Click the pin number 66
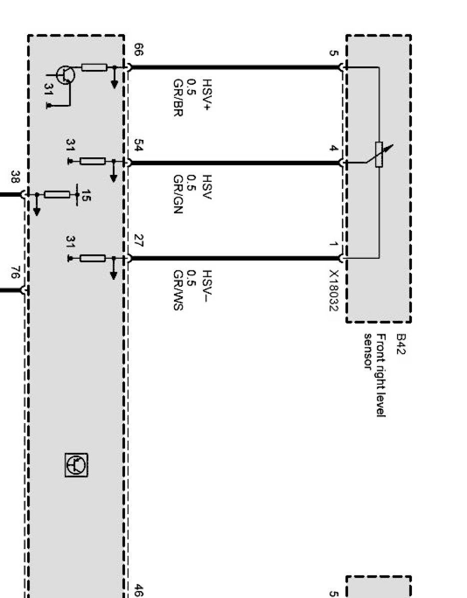coord(138,50)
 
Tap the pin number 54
coord(138,146)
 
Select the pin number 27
coord(138,242)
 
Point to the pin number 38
coord(15,177)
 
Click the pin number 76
coord(15,273)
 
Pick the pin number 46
coord(138,591)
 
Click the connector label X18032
coord(333,290)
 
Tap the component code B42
coord(400,345)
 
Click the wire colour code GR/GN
coord(177,194)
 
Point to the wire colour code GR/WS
coord(177,290)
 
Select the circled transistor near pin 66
coord(65,75)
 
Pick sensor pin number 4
coord(333,148)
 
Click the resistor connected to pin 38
coord(56,194)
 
